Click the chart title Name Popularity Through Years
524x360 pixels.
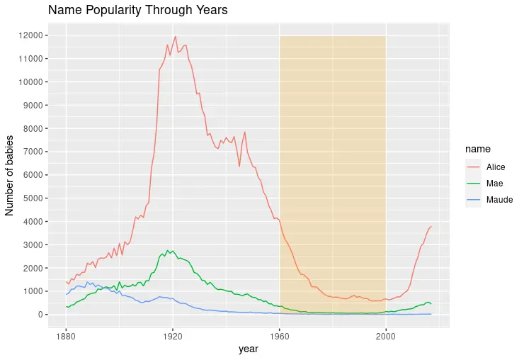[137, 11]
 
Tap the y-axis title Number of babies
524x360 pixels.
[10, 175]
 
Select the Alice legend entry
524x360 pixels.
[496, 166]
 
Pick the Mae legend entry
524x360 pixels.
[494, 183]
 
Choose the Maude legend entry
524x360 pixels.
[499, 200]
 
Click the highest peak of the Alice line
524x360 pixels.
[175, 37]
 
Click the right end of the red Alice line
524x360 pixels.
[431, 226]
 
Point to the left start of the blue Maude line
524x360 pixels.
[67, 294]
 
